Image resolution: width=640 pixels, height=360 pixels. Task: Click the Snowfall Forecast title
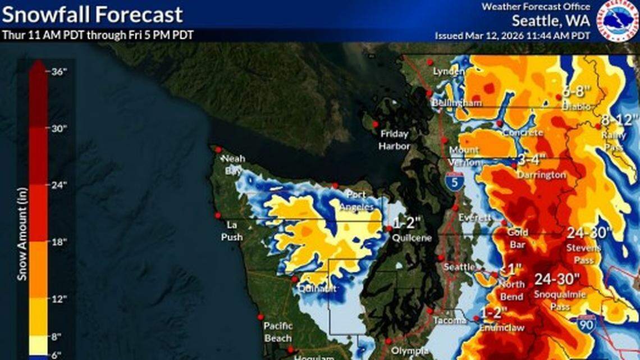[92, 15]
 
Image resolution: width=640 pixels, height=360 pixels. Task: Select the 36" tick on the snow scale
[59, 71]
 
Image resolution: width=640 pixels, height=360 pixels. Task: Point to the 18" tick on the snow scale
[59, 241]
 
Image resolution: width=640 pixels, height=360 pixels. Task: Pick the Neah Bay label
[233, 165]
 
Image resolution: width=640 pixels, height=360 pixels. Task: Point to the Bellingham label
[449, 104]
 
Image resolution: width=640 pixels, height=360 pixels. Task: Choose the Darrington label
[542, 175]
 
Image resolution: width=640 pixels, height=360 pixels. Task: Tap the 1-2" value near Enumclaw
[494, 312]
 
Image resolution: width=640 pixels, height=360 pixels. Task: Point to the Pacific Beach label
[278, 332]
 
